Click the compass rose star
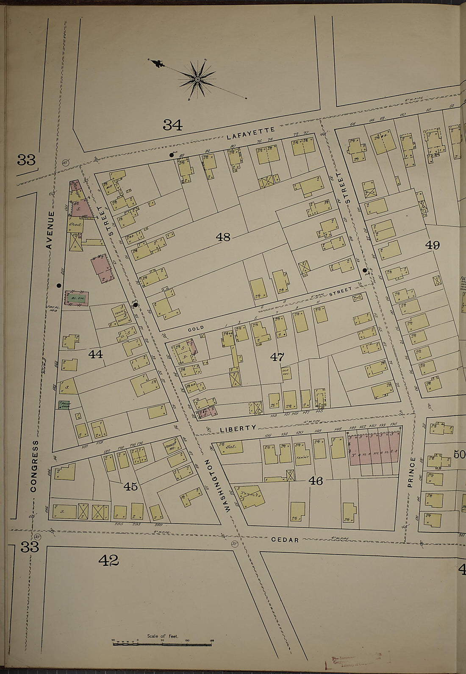point(197,79)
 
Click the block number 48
point(223,237)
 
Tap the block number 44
point(96,354)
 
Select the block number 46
point(316,480)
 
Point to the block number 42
point(108,560)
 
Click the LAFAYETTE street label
point(251,133)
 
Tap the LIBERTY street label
point(238,428)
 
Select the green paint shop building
point(64,405)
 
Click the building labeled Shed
point(75,225)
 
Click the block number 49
point(433,245)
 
